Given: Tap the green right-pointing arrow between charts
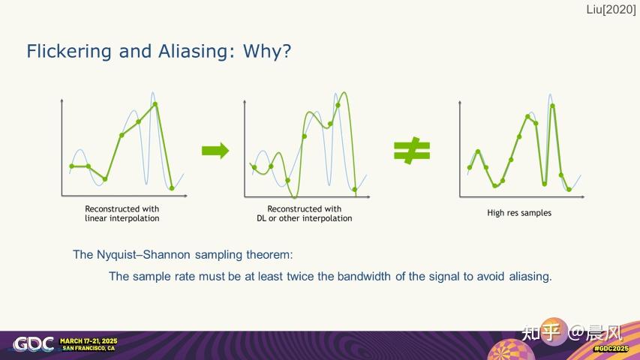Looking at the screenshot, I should (x=215, y=151).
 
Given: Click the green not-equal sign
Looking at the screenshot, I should (x=412, y=151).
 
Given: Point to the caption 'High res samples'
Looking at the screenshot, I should (x=519, y=213).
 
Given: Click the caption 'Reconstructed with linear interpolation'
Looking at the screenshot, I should (x=122, y=214).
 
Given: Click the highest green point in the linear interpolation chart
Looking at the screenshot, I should (x=156, y=104).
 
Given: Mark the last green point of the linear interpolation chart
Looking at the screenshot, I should (x=172, y=187).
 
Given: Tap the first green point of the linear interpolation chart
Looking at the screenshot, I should (x=72, y=166).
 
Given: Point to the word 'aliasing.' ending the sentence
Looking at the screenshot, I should (x=530, y=276).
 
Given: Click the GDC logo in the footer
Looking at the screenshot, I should (x=34, y=344).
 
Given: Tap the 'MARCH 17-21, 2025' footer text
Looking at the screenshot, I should (x=89, y=340).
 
